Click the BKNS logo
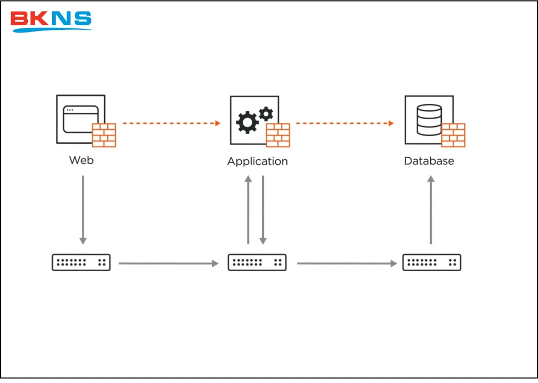[51, 20]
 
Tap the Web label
[81, 160]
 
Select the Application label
[257, 161]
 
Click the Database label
[429, 161]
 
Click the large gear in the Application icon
[247, 122]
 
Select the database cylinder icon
[429, 119]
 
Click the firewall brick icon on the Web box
[104, 135]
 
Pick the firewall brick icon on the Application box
[278, 135]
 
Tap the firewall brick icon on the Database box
[453, 135]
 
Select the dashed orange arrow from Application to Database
[345, 123]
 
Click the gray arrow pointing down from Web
[82, 210]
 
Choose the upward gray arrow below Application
[249, 210]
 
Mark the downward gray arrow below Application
[263, 210]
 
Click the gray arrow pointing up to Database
[431, 210]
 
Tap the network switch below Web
[81, 262]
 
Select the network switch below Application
[257, 262]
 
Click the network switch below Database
[432, 262]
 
